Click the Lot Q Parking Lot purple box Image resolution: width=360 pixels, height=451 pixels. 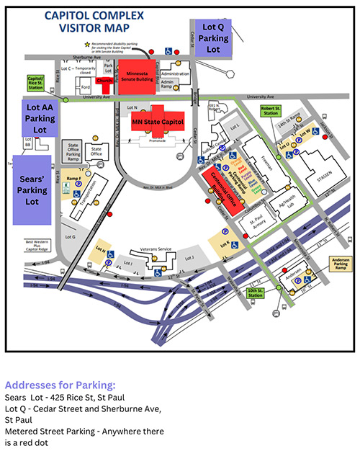214,37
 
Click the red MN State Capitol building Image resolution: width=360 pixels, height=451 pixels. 157,122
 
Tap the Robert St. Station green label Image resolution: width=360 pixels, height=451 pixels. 271,112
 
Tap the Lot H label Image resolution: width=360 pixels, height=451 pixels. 100,252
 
